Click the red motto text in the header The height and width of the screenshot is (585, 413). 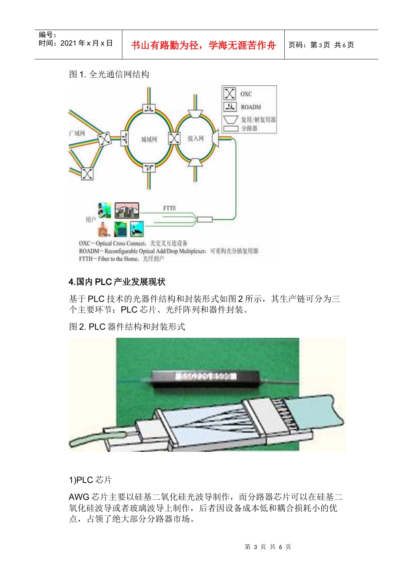tap(203, 45)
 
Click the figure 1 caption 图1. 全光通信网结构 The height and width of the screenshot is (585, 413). tap(109, 74)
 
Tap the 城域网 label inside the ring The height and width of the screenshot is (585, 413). tap(149, 139)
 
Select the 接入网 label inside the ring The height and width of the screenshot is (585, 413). tap(195, 138)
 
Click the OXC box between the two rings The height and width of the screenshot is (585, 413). tap(174, 138)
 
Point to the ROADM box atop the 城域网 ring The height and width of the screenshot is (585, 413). tap(149, 108)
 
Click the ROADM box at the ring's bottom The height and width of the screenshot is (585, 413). tap(149, 168)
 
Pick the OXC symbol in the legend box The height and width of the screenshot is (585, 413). tap(230, 94)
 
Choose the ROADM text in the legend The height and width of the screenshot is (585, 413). tap(251, 107)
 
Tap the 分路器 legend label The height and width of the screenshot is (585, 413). tap(249, 128)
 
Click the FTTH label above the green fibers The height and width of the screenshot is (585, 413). tap(170, 208)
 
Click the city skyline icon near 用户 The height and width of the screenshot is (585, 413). tap(127, 210)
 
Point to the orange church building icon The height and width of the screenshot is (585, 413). tap(103, 229)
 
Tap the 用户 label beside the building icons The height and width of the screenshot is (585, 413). tap(90, 220)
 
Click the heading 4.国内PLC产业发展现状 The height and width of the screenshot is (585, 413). tap(117, 282)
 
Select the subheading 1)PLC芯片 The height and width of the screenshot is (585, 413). tap(90, 480)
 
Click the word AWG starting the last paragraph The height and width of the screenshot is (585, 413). tap(79, 497)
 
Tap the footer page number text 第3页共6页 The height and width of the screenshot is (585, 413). tap(268, 547)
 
